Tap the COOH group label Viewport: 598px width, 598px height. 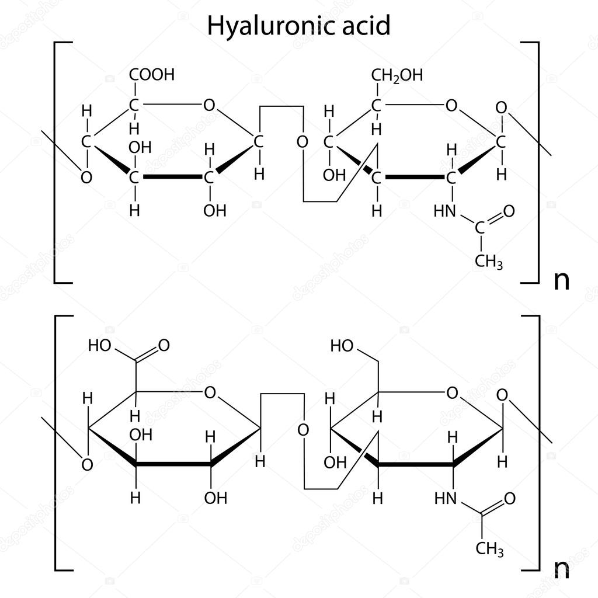click(152, 75)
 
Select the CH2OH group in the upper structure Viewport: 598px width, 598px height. click(397, 75)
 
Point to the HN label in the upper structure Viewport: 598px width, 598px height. click(445, 211)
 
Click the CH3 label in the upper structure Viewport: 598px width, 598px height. click(489, 262)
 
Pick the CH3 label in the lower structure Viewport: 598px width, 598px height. click(490, 549)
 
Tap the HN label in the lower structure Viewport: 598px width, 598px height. click(446, 498)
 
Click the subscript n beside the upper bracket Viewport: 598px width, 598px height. click(561, 281)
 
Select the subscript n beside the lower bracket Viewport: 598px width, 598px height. click(561, 569)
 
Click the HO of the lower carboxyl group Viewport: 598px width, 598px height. click(99, 346)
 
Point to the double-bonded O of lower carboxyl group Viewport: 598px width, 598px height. click(164, 345)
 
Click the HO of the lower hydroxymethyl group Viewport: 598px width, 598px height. click(342, 346)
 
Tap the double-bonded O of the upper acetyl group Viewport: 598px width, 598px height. click(509, 211)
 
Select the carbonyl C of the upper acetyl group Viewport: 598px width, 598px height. click(480, 228)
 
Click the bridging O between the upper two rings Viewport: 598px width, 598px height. click(303, 142)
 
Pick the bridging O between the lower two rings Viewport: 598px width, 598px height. click(303, 430)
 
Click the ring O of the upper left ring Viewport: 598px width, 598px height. click(209, 105)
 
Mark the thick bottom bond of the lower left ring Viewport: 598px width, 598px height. click(173, 464)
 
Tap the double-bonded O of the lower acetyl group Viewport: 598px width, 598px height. click(510, 498)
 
